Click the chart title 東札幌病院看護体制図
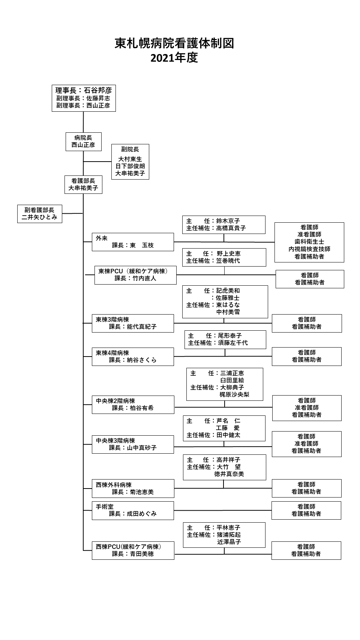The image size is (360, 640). (x=174, y=43)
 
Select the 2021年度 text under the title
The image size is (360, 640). (x=174, y=58)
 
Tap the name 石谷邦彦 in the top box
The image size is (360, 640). (x=98, y=90)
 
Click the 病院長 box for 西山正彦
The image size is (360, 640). (x=83, y=141)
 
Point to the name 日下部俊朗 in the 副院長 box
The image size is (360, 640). (x=130, y=166)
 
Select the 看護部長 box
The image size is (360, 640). (x=83, y=184)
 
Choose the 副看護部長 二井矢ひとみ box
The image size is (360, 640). (x=40, y=214)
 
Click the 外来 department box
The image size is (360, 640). (x=133, y=242)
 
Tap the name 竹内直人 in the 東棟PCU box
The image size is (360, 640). (x=145, y=278)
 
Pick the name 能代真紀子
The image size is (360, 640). (x=142, y=327)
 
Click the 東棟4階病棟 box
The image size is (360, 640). (x=133, y=357)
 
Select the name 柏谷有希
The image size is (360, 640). (x=142, y=408)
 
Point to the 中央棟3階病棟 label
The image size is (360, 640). (x=115, y=441)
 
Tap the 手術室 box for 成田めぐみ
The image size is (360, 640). (x=133, y=511)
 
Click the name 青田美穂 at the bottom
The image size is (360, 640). (x=142, y=554)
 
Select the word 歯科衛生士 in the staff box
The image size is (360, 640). (x=309, y=242)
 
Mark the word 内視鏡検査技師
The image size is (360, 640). (x=309, y=249)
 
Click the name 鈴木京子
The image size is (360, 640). (x=228, y=221)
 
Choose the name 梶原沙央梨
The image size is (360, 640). (x=234, y=394)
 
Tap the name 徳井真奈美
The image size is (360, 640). (x=229, y=474)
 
